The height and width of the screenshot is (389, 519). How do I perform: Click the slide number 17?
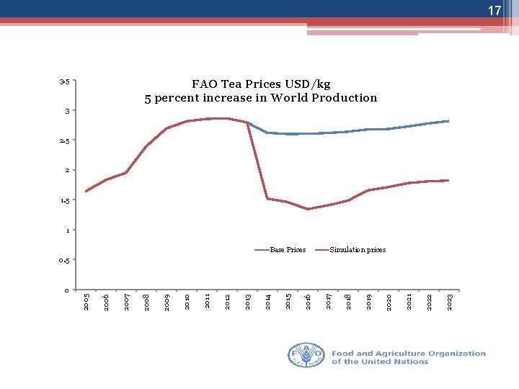click(x=494, y=11)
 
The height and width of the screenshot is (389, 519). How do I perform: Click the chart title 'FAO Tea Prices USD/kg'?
click(x=261, y=84)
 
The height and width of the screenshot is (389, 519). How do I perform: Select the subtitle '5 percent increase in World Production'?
click(x=261, y=98)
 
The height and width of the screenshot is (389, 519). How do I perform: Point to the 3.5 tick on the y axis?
click(x=65, y=81)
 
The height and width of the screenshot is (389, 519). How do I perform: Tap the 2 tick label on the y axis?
click(x=66, y=170)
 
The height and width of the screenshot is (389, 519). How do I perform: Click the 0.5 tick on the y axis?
click(x=64, y=260)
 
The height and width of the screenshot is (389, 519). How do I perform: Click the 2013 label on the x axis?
click(x=247, y=302)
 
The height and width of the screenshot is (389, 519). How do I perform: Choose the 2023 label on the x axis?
click(x=449, y=302)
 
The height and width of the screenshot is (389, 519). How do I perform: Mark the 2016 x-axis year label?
click(x=308, y=302)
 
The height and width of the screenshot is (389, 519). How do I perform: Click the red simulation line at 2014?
click(x=267, y=198)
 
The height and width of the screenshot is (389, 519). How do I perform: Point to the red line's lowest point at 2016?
click(x=308, y=209)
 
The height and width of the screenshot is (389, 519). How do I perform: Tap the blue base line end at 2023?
click(x=448, y=121)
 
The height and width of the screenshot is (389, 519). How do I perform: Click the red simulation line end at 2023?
click(x=448, y=180)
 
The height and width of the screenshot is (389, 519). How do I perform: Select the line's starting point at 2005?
click(x=86, y=191)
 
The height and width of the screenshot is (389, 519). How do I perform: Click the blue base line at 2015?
click(x=288, y=134)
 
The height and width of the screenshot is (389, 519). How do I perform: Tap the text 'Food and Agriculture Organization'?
click(x=409, y=354)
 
